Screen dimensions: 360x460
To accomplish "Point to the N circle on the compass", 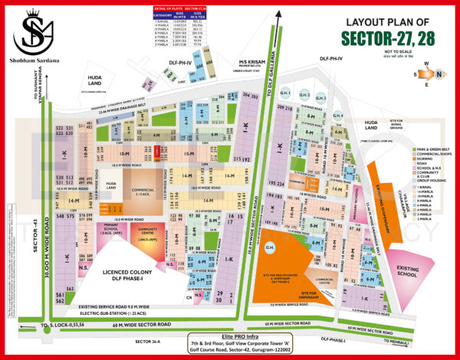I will click(x=438, y=74).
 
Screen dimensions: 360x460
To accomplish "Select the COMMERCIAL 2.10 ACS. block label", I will click(x=141, y=191).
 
